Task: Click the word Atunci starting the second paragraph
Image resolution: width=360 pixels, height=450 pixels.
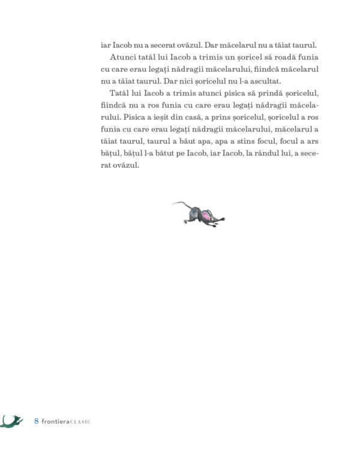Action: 123,57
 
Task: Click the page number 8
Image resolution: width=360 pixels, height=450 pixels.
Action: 36,421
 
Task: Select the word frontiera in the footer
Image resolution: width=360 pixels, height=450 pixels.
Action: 56,421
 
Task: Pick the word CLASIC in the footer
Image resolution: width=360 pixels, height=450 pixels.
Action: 80,422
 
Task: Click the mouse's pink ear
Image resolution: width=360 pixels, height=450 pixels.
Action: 205,215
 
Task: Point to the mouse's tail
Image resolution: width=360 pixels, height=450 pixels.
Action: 178,205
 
